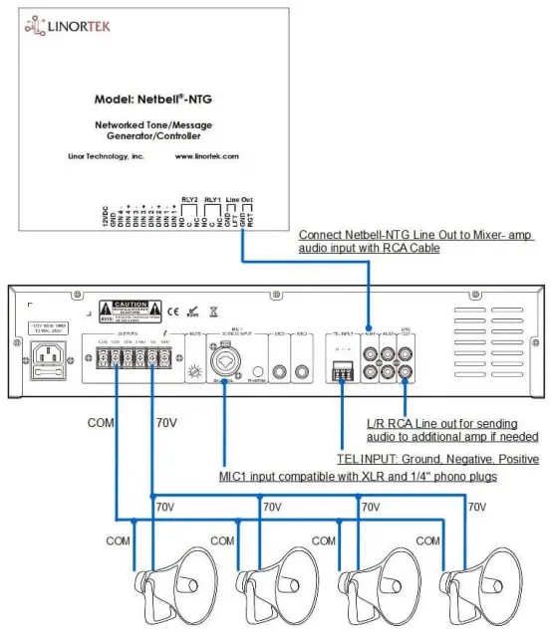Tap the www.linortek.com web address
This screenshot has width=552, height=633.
click(x=206, y=156)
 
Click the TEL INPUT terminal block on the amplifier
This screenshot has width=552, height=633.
click(x=341, y=370)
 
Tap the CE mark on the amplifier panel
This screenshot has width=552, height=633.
click(x=171, y=310)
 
